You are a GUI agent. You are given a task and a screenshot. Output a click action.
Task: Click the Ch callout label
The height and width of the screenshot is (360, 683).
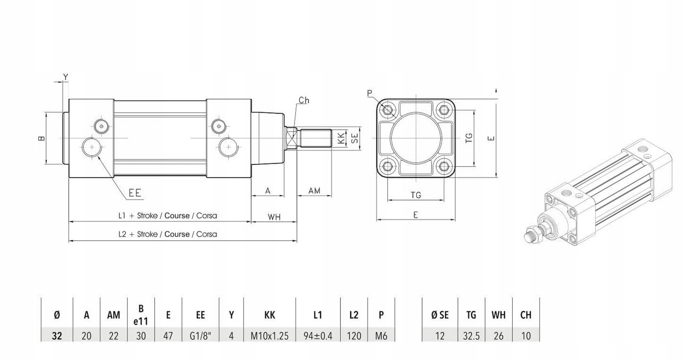[x=304, y=100]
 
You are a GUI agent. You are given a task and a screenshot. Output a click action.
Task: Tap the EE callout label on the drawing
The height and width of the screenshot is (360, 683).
[x=135, y=193]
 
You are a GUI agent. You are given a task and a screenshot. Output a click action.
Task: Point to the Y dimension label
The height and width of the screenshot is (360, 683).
[x=66, y=76]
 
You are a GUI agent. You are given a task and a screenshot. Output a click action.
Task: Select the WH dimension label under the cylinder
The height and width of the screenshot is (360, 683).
[x=274, y=216]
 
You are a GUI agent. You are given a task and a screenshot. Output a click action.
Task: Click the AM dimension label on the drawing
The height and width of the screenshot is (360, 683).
[x=314, y=190]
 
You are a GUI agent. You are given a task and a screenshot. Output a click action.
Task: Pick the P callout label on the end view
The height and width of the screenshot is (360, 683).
[x=370, y=93]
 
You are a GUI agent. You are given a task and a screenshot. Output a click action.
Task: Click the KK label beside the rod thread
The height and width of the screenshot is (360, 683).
[x=341, y=138]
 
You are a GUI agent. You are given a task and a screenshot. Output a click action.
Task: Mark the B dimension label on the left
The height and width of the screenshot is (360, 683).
[x=42, y=138]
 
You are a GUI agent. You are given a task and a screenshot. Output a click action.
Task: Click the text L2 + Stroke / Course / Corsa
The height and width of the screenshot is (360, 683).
[x=167, y=234]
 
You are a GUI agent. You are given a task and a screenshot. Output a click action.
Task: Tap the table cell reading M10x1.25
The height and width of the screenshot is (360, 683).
[x=270, y=336]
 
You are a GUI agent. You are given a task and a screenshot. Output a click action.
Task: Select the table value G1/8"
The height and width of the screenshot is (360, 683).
[x=200, y=336]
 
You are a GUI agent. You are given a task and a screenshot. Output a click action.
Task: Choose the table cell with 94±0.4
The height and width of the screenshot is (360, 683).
[x=318, y=336]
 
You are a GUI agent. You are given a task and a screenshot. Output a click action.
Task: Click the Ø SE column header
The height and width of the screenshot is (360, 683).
[x=440, y=314]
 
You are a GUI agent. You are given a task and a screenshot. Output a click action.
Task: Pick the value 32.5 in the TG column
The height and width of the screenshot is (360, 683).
[x=471, y=336]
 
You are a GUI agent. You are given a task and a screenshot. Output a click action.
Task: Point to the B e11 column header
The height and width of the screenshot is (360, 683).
[x=141, y=314]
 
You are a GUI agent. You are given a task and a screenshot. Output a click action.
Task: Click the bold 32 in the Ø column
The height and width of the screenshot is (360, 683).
[x=57, y=336]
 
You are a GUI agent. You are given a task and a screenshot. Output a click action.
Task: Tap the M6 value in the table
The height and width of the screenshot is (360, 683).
[x=381, y=336]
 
